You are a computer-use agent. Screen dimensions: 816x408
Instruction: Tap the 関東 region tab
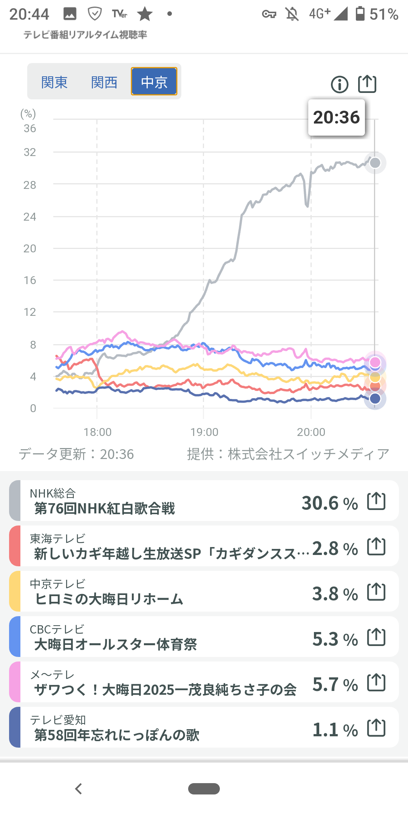coord(54,82)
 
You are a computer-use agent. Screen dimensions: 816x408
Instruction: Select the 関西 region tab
coord(104,82)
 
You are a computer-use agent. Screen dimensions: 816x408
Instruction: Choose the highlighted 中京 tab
coord(154,82)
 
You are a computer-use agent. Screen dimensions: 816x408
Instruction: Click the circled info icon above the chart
coord(340,84)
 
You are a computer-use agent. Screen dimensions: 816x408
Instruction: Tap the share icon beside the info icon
coord(367,84)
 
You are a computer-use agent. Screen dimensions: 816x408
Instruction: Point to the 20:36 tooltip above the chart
coord(336,117)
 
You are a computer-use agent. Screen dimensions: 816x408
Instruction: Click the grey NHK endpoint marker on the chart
coord(375,163)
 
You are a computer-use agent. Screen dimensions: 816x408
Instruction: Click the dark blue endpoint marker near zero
coord(375,398)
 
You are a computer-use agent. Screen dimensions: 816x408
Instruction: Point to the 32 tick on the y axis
coord(30,152)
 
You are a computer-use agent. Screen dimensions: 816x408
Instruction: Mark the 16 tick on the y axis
coord(30,280)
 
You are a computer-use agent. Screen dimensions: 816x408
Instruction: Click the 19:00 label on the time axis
coord(204,432)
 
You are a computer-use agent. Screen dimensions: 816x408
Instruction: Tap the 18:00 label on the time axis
coord(97,432)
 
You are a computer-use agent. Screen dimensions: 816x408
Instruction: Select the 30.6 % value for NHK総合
coord(329,503)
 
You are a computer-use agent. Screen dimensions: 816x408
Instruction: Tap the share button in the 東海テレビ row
coord(376,546)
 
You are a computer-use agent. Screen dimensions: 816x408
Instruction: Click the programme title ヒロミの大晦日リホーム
coord(109,599)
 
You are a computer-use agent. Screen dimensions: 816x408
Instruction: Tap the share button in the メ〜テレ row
coord(376,682)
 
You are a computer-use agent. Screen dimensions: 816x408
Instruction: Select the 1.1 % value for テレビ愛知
coord(335,730)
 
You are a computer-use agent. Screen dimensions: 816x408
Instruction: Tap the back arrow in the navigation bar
coord(79,789)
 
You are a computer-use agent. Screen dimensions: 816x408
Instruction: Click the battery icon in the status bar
coord(360,14)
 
